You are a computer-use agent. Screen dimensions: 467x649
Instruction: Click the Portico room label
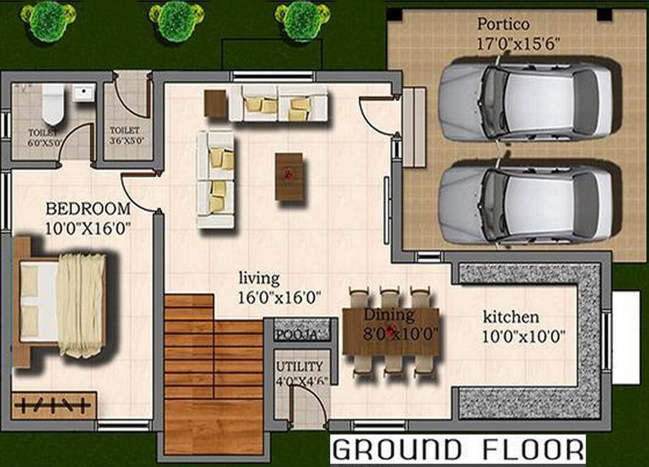pos(502,25)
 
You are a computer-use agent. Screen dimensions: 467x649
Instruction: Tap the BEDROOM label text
pos(88,209)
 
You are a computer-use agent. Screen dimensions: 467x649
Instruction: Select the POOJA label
pos(296,335)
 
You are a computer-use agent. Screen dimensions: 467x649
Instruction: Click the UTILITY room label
pos(299,367)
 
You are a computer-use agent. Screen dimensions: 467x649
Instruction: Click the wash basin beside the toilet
pos(83,93)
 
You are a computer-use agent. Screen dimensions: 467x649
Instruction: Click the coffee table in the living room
pos(289,176)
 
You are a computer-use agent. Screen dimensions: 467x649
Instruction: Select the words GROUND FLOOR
pos(457,450)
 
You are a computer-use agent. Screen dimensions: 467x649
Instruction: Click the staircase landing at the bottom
pos(213,426)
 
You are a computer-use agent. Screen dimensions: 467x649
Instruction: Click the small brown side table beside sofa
pos(216,103)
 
